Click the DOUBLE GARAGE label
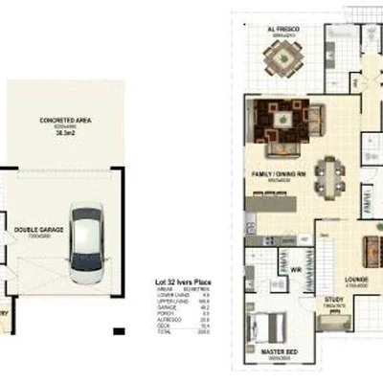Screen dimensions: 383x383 (x=34, y=231)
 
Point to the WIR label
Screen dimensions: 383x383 (x=297, y=271)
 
